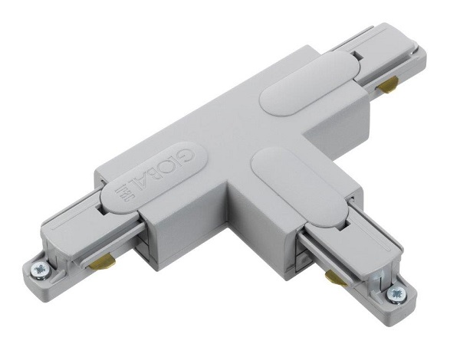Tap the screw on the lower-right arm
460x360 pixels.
coord(396,292)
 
